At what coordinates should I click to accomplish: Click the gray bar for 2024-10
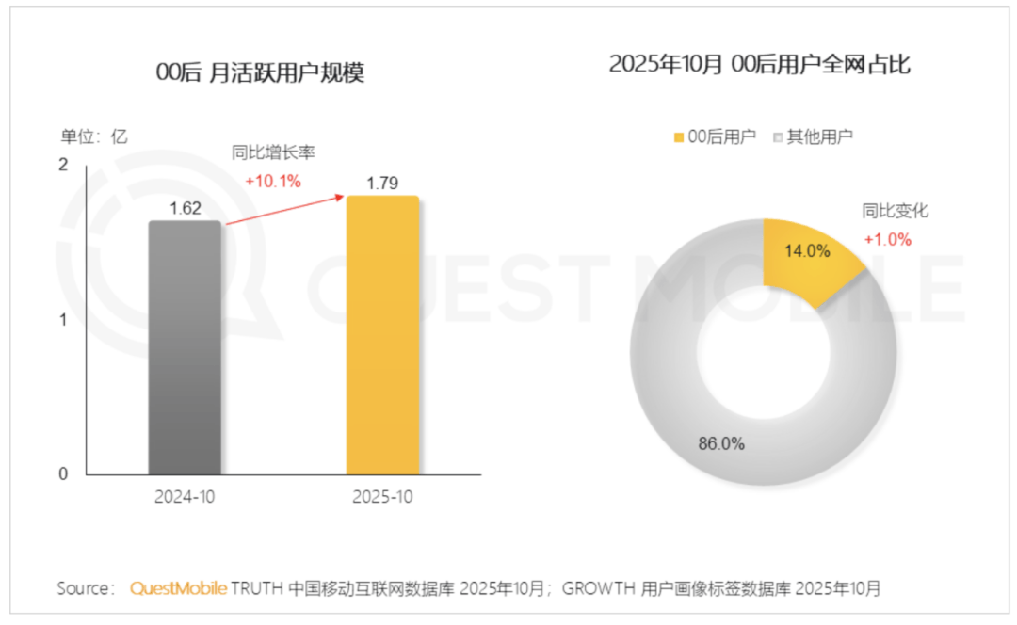pos(185,348)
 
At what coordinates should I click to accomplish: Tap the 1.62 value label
pos(186,208)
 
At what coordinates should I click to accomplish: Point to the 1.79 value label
pos(383,184)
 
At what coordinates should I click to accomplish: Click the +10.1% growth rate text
pos(272,182)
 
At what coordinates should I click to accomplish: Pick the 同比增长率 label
pos(273,152)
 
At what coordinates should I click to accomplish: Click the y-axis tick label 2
pos(63,166)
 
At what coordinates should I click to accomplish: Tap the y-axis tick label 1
pos(63,320)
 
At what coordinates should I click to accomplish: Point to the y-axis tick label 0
pos(63,474)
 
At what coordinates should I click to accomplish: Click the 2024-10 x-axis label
pos(185,498)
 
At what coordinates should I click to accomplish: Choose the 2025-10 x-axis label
pos(382,498)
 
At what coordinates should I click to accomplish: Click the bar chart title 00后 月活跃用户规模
pos(260,73)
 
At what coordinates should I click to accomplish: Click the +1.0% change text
pos(887,239)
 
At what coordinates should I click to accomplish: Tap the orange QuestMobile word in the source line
pos(178,589)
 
